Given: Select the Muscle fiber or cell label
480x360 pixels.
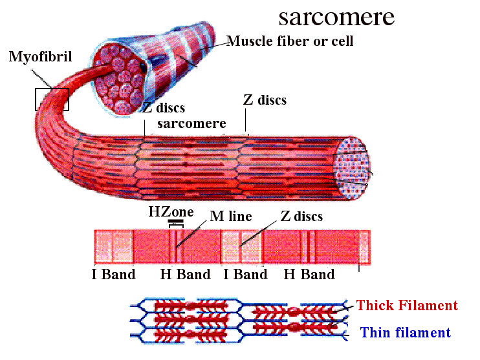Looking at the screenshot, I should click(290, 42).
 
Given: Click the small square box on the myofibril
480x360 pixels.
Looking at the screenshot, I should click(52, 99).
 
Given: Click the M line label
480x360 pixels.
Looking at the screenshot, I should click(230, 216).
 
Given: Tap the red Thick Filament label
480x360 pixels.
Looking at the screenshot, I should click(407, 306).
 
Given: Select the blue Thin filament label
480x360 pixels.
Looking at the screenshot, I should click(405, 333).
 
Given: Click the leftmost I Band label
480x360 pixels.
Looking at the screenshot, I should click(113, 274).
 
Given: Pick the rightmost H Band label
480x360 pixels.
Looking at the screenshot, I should click(309, 274).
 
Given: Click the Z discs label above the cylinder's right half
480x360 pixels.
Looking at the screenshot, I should click(264, 100).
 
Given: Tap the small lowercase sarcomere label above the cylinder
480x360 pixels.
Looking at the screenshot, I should click(191, 123).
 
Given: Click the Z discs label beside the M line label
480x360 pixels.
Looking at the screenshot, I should click(301, 216).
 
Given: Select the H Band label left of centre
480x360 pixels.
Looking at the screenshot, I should click(185, 274).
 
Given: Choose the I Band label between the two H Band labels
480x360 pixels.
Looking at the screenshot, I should click(245, 274).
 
